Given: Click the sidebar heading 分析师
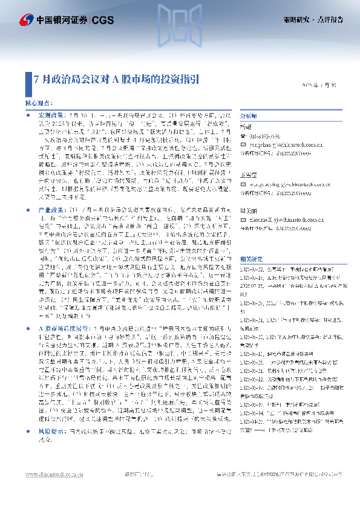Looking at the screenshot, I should coord(249,115).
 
